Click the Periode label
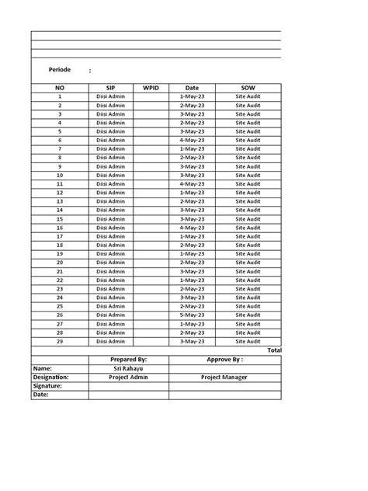click(x=60, y=70)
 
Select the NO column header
click(x=60, y=88)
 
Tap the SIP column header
click(x=111, y=88)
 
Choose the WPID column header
click(x=151, y=88)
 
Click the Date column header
click(x=192, y=88)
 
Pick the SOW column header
click(x=248, y=88)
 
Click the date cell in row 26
click(x=192, y=315)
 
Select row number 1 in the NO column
click(x=60, y=96)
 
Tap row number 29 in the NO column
click(x=60, y=341)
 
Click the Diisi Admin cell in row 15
click(x=111, y=219)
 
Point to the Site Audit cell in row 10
click(x=248, y=176)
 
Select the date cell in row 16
click(x=192, y=228)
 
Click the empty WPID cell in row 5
click(x=151, y=131)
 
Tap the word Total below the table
click(x=274, y=350)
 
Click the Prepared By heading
click(x=128, y=360)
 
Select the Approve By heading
click(x=224, y=360)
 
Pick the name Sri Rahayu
click(x=128, y=368)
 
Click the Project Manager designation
click(x=224, y=377)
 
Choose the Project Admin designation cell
click(x=128, y=377)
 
